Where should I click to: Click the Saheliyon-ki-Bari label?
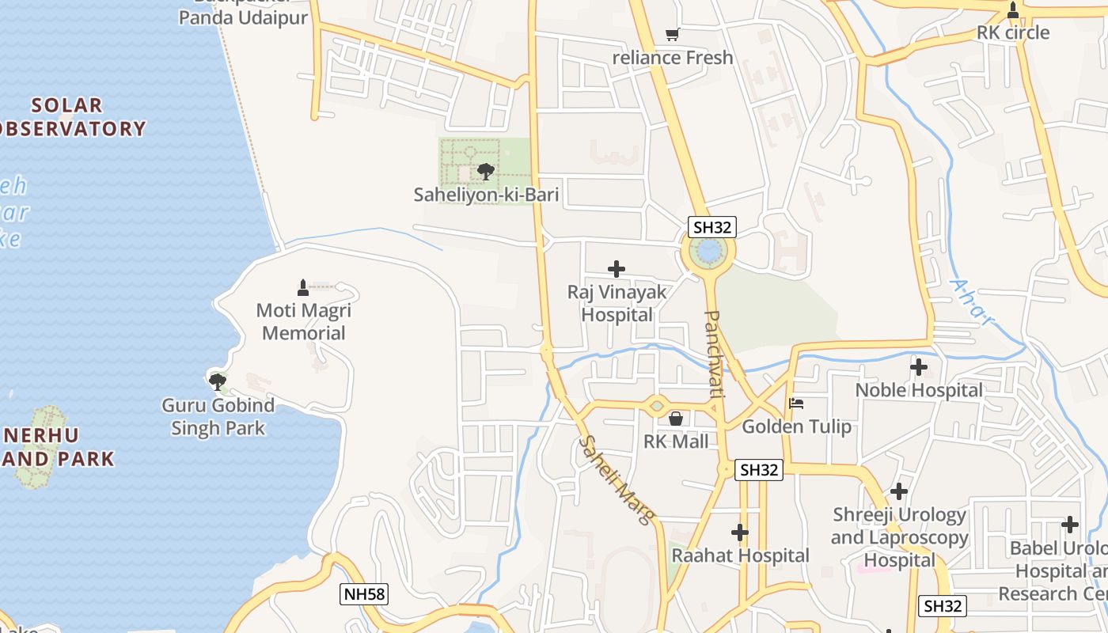[x=486, y=195]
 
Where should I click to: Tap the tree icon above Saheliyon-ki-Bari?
[x=485, y=171]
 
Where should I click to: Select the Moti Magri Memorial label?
[x=304, y=321]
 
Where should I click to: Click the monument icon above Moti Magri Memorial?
[x=302, y=286]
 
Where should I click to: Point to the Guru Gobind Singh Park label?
[x=218, y=417]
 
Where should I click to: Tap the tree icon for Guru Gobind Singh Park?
[x=217, y=382]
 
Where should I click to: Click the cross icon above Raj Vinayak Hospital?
[x=617, y=269]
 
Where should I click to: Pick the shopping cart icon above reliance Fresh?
[x=673, y=34]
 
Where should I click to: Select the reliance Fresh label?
[x=673, y=58]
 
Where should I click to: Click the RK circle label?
[x=1012, y=33]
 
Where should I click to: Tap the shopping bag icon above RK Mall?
[x=676, y=418]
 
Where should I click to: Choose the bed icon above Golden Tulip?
[x=796, y=404]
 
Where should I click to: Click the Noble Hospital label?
[x=919, y=390]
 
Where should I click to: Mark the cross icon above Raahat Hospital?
[x=740, y=533]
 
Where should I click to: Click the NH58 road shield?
[x=365, y=594]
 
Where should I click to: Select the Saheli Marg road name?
[x=617, y=479]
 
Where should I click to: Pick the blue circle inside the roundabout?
[x=708, y=252]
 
